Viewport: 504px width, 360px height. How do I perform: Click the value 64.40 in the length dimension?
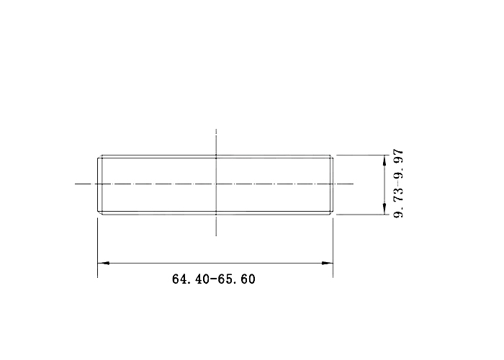pyautogui.click(x=190, y=279)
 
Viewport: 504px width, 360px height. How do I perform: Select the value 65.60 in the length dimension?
pyautogui.click(x=237, y=279)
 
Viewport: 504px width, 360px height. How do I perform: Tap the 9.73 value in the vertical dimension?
pyautogui.click(x=399, y=203)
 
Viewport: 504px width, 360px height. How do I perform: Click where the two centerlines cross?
pyautogui.click(x=216, y=184)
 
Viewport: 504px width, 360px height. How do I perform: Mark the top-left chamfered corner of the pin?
pyautogui.click(x=99, y=156)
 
